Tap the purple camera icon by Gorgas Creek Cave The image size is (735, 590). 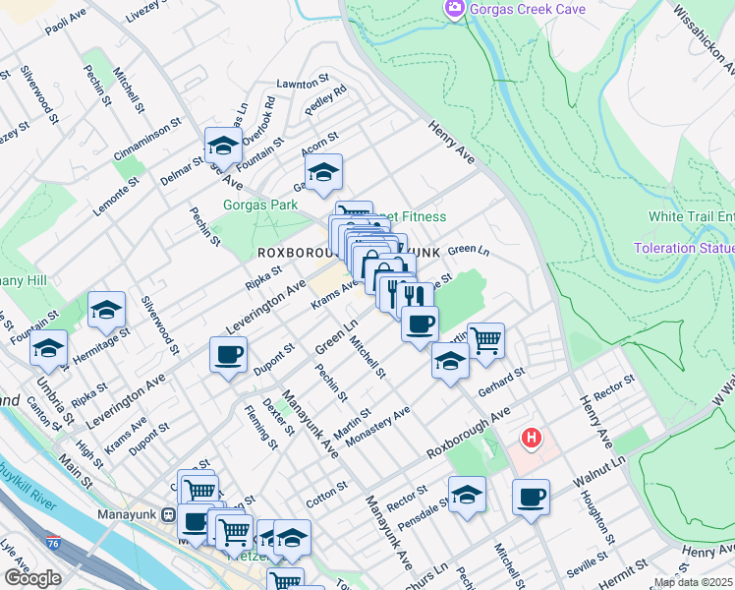455,9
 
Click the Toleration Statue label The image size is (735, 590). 684,248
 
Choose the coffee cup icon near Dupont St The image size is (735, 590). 229,354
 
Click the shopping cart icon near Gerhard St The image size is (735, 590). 485,340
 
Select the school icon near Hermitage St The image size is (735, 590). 106,310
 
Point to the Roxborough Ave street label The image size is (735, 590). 468,435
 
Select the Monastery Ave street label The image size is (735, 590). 377,425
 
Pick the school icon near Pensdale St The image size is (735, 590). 467,494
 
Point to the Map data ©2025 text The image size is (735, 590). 693,582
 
